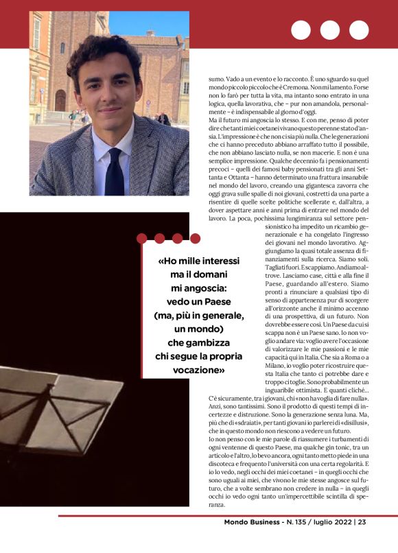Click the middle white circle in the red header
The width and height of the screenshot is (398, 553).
tap(329, 30)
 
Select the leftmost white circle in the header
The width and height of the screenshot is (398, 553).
tap(301, 30)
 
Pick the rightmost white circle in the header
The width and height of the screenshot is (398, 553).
tap(359, 30)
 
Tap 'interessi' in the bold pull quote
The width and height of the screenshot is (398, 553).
tap(215, 261)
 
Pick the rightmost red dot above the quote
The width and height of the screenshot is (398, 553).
tap(195, 239)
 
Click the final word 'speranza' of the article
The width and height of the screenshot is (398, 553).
tap(216, 504)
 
